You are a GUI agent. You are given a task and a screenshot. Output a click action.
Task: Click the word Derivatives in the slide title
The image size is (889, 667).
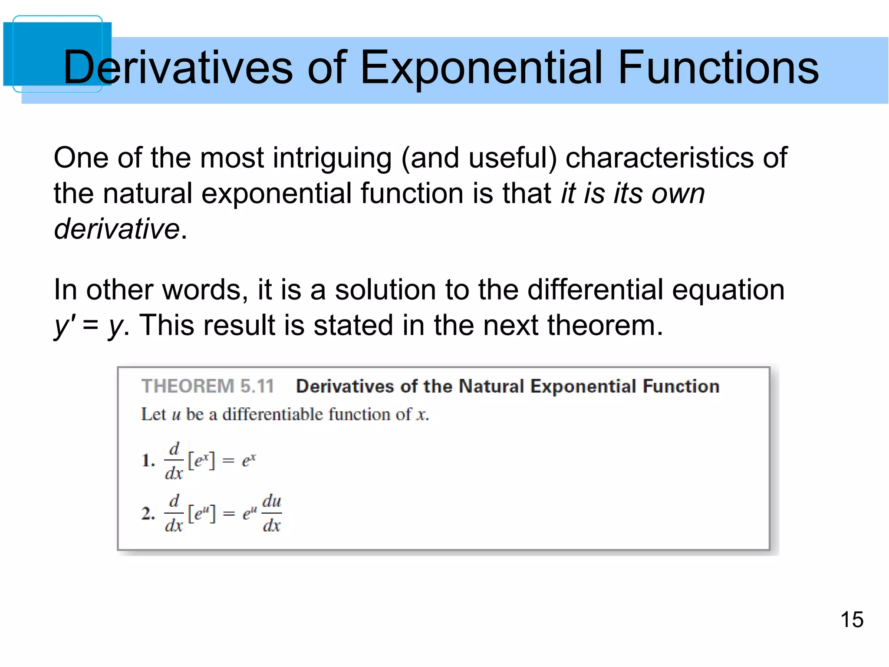coord(178,67)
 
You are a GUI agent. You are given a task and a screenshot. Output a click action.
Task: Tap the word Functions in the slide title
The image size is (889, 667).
coord(718,67)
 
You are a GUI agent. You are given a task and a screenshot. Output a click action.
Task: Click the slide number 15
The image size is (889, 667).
coord(852,620)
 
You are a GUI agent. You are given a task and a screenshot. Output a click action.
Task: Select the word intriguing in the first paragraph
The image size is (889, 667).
coord(332,158)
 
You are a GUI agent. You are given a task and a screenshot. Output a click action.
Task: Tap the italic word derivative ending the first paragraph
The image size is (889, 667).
coord(117,229)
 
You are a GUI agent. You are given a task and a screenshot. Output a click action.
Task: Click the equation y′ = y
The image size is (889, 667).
coord(89,326)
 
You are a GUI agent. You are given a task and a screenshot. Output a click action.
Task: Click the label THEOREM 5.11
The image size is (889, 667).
coord(207,386)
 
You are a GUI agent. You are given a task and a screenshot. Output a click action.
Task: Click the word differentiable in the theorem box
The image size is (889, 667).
coord(273,414)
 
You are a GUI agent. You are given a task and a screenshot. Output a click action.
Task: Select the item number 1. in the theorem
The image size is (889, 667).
coord(148,460)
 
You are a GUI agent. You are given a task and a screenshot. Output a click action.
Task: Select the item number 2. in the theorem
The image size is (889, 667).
coord(148,513)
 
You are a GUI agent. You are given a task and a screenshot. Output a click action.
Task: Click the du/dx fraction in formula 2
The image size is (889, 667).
coord(272,513)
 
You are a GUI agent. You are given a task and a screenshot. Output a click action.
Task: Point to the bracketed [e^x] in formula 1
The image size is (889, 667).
coord(201,460)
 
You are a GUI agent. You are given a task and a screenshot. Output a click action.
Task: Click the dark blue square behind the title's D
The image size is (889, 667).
coord(35,52)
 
